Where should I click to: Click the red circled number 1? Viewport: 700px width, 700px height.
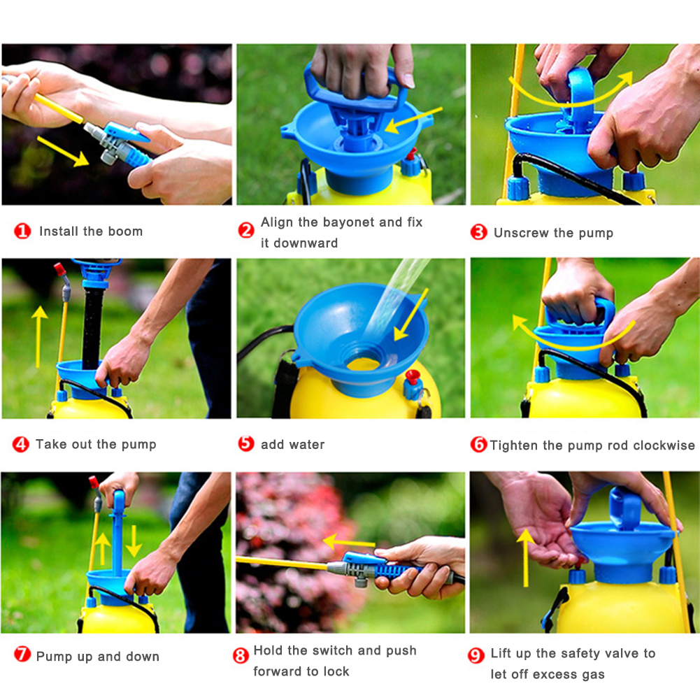[22, 231]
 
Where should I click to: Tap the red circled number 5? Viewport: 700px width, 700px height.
[246, 443]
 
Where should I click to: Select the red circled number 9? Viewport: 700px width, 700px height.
[476, 655]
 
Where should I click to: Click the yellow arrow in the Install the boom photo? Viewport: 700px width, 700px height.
[62, 151]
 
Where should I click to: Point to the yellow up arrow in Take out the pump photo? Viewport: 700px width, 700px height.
[40, 336]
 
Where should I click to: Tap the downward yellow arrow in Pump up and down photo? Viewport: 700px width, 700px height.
[134, 541]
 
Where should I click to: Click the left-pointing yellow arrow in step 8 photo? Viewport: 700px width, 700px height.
[349, 543]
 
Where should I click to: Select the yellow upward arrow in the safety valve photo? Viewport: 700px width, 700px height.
[526, 557]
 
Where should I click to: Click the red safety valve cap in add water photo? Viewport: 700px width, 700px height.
[413, 376]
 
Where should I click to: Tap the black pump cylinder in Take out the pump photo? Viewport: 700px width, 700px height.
[92, 328]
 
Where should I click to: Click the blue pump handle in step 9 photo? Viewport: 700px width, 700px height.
[625, 508]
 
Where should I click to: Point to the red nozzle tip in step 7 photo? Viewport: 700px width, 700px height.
[94, 482]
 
